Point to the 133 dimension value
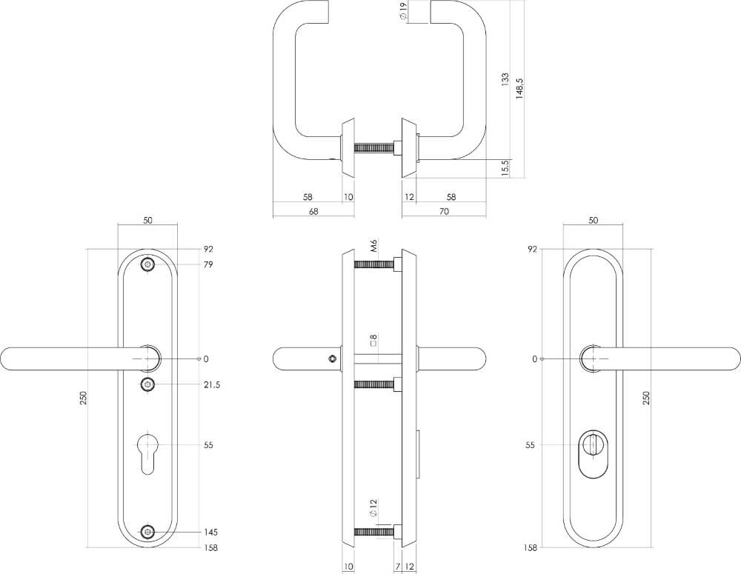(505, 80)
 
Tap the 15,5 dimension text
(505, 168)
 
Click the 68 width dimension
(313, 211)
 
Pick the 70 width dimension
(444, 211)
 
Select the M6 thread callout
(374, 245)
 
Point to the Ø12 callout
(374, 510)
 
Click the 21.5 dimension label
(211, 384)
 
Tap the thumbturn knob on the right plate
(593, 444)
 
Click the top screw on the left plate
(148, 265)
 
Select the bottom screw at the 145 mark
(148, 532)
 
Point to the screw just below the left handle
(148, 384)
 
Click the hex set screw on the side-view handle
(331, 359)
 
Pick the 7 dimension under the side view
(397, 567)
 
